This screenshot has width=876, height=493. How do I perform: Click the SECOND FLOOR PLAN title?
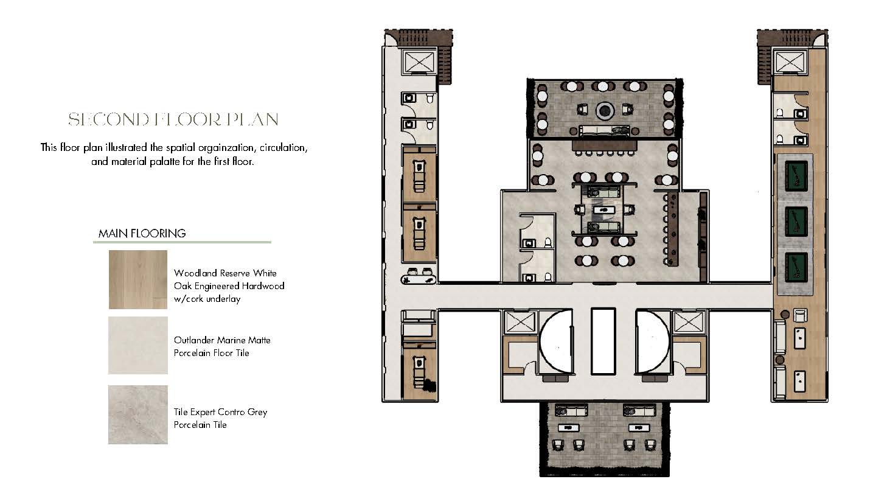point(173,119)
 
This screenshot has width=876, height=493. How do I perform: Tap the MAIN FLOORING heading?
point(142,234)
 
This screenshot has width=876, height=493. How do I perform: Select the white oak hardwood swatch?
point(138,279)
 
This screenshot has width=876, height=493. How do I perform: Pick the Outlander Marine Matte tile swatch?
point(138,346)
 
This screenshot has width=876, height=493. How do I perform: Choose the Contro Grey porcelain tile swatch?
point(138,414)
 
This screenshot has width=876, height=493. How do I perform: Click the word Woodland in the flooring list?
point(195,273)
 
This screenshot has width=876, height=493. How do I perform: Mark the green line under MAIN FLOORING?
point(182,242)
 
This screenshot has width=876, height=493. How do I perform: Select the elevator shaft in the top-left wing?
point(419,62)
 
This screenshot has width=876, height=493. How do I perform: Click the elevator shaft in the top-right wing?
point(790,62)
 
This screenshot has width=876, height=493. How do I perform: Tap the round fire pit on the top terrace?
point(605,111)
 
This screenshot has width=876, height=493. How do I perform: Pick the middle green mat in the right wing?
point(796,222)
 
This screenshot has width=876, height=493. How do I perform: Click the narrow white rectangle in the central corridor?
point(603,341)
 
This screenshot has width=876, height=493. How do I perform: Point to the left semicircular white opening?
point(557,341)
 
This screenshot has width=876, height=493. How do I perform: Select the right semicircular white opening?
point(652,341)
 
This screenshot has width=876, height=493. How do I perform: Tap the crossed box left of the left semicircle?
point(520,323)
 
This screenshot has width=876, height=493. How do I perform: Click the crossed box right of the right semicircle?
point(689,323)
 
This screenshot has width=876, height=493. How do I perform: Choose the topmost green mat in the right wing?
point(796,176)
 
